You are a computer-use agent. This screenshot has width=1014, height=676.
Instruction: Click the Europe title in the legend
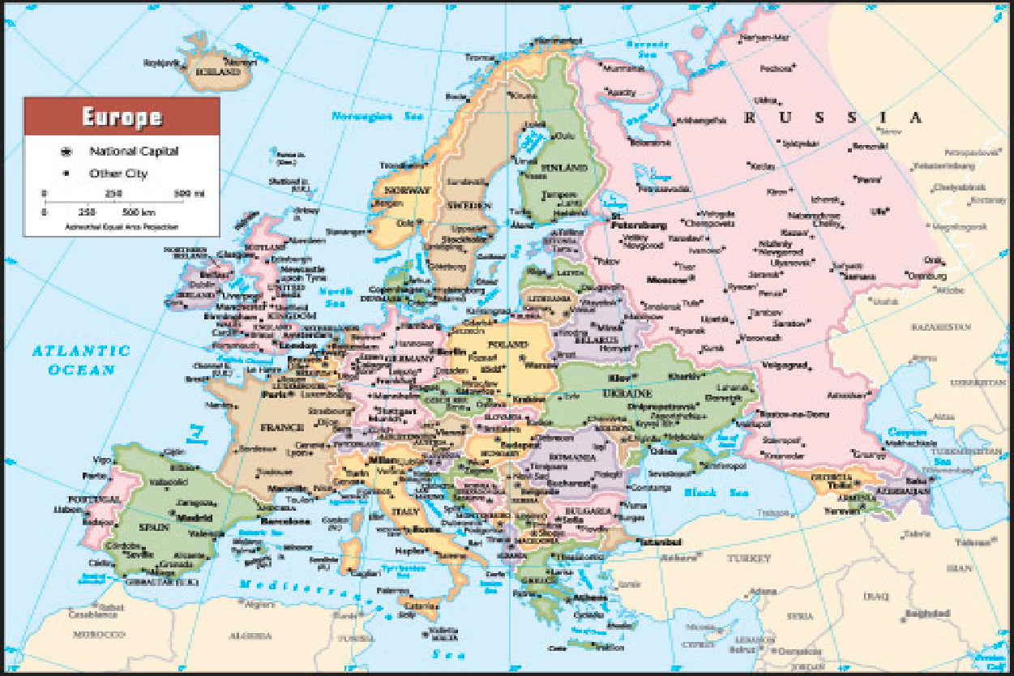pos(122,118)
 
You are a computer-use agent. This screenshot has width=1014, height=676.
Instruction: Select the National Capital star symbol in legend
pos(65,152)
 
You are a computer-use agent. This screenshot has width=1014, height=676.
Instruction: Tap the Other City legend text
pos(118,173)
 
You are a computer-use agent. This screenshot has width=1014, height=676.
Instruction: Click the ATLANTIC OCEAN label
pos(81,360)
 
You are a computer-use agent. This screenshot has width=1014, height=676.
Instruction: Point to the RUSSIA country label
pos(834,118)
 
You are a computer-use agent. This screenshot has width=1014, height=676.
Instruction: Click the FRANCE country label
pos(281,427)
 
